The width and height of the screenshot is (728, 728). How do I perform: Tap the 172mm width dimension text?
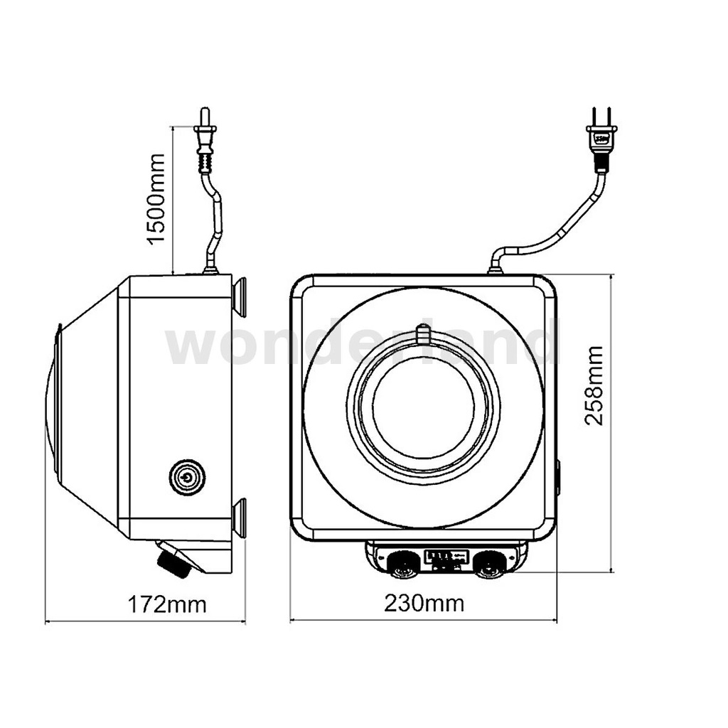pyautogui.click(x=167, y=604)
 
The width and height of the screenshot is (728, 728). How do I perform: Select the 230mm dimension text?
pyautogui.click(x=424, y=604)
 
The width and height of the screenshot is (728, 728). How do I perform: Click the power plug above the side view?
pyautogui.click(x=205, y=138)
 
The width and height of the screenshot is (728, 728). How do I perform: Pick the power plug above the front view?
pyautogui.click(x=601, y=139)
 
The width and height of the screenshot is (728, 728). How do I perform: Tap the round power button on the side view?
pyautogui.click(x=187, y=477)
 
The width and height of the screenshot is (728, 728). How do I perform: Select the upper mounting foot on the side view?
pyautogui.click(x=240, y=297)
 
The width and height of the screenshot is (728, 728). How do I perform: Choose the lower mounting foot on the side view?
pyautogui.click(x=240, y=518)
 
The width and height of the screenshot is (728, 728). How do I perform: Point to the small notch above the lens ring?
pyautogui.click(x=423, y=333)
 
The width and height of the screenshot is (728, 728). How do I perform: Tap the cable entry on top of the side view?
pyautogui.click(x=210, y=269)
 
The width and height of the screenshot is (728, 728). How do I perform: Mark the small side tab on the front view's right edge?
pyautogui.click(x=557, y=477)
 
